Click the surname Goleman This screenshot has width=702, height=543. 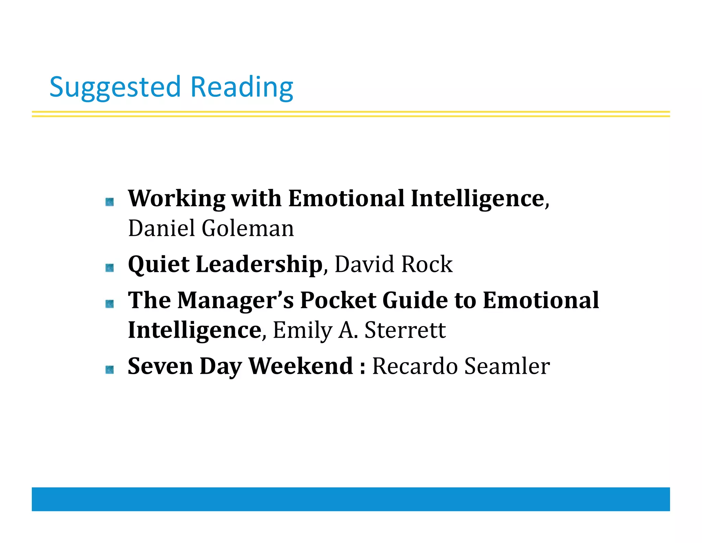[247, 228]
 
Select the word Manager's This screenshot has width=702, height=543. [235, 300]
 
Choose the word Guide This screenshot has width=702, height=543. [415, 300]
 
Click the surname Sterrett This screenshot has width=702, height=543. [405, 331]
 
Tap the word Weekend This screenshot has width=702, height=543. [300, 366]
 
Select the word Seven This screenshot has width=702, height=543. [160, 366]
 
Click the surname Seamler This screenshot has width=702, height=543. [507, 366]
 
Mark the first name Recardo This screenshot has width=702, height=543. [415, 366]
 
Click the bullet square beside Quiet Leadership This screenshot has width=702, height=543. [110, 268]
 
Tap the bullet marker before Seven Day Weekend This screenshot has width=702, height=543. [110, 370]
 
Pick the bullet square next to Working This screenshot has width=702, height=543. [110, 202]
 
